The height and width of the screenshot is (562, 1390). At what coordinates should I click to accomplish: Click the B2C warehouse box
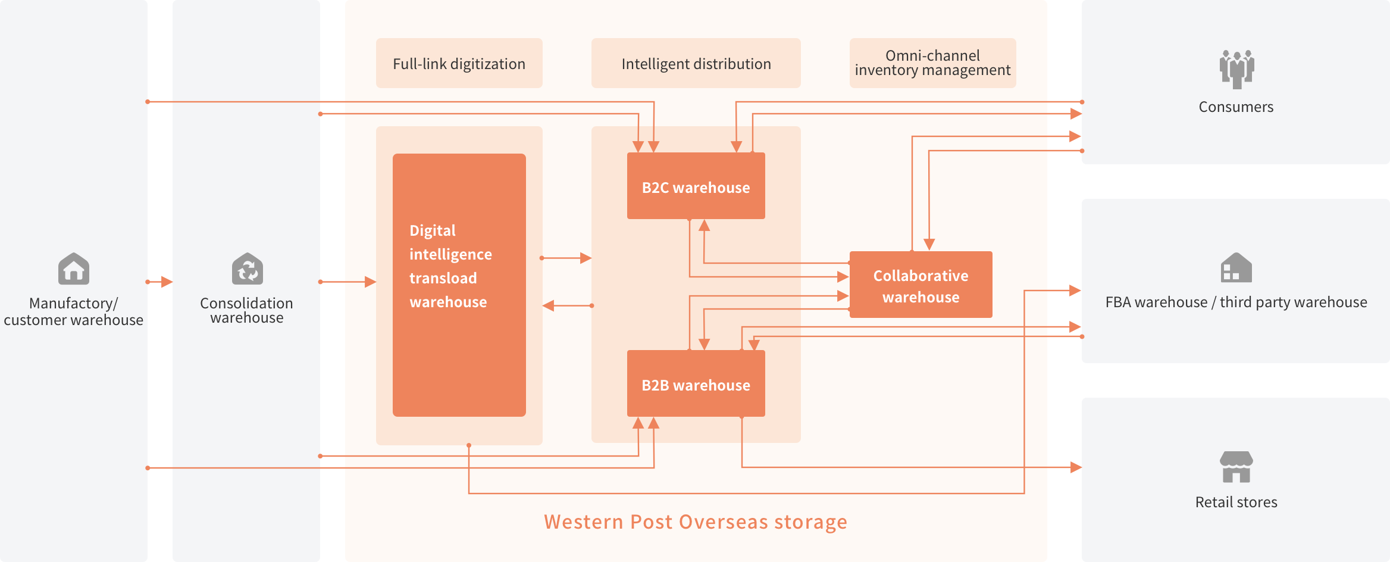click(696, 186)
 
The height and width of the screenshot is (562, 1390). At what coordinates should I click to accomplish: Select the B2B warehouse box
click(696, 384)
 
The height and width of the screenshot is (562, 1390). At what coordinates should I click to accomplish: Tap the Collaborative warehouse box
click(921, 285)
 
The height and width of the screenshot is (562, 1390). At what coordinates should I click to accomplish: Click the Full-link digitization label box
click(459, 64)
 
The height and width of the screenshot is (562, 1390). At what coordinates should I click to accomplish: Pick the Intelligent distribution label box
click(696, 64)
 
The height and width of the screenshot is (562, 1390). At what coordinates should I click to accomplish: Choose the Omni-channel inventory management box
click(932, 63)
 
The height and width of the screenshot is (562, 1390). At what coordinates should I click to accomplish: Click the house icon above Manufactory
click(74, 269)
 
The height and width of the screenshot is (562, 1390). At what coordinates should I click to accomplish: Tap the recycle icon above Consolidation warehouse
click(247, 269)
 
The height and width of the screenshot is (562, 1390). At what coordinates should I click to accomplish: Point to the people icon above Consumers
click(1236, 69)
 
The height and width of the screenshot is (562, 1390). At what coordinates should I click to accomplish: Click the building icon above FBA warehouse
click(1236, 268)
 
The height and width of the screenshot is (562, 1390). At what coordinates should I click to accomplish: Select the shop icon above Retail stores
click(1236, 467)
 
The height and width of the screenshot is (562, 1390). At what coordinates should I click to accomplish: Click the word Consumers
click(1236, 107)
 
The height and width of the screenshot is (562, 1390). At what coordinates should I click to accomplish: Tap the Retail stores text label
click(1236, 502)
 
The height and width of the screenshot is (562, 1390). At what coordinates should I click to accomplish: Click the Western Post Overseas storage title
click(696, 522)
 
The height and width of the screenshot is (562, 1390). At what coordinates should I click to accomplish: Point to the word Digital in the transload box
click(433, 231)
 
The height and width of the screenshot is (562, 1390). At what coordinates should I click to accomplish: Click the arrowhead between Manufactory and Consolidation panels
click(167, 282)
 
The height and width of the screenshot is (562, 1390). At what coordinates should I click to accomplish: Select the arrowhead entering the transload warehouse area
click(370, 282)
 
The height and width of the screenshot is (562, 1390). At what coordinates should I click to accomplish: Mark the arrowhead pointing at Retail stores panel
click(1075, 467)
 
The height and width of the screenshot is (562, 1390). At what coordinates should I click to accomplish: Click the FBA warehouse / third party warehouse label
click(1236, 302)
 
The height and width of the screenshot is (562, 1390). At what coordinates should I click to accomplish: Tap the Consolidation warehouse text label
click(247, 310)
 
